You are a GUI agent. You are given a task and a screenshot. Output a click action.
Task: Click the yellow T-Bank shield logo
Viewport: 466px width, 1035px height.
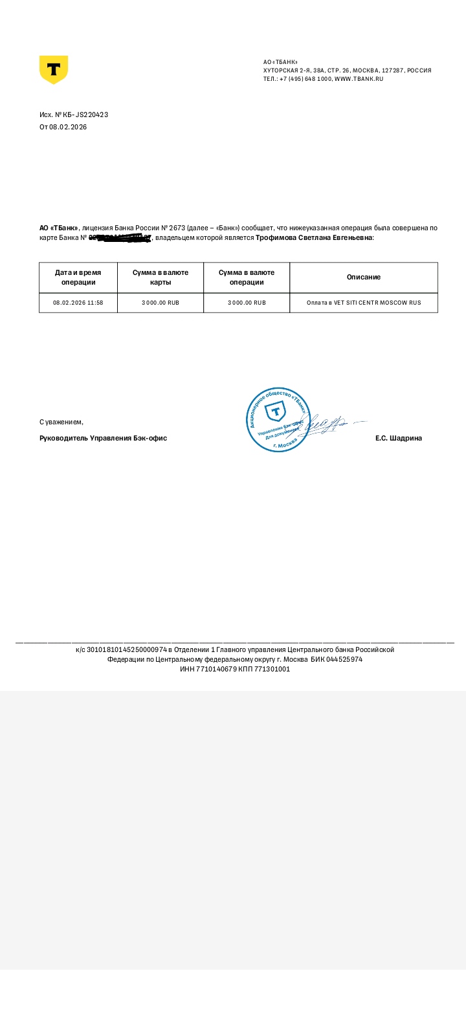tap(54, 69)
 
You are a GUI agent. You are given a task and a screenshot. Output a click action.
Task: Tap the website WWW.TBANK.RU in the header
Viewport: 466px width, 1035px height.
tap(359, 79)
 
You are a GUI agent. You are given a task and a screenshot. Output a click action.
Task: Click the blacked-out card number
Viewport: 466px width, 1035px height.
tap(120, 238)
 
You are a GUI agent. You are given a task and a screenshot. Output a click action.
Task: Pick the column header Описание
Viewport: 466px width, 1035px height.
tap(363, 277)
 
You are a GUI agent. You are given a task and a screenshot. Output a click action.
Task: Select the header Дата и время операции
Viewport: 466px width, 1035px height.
tap(78, 277)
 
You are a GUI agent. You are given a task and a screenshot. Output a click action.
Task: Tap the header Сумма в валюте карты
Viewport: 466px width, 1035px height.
tap(161, 277)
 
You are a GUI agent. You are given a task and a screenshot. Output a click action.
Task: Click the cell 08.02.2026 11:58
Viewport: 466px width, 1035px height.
tap(78, 303)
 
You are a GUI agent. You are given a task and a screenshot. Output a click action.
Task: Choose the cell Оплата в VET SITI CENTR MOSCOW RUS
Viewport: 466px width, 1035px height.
tap(363, 303)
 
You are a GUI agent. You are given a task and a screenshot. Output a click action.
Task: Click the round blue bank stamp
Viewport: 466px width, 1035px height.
tap(276, 420)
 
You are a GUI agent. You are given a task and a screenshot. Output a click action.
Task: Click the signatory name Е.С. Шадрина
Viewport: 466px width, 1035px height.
tap(398, 438)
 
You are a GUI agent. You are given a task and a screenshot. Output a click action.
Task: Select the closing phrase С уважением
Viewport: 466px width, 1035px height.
tap(61, 422)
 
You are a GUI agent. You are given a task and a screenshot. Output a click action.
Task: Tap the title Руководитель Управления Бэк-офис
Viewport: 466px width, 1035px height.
tap(103, 438)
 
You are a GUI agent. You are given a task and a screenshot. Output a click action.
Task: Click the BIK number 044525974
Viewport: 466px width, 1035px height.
tap(344, 659)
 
